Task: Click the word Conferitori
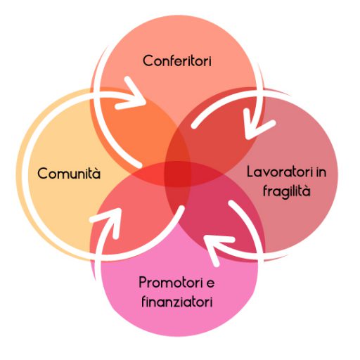click(177, 60)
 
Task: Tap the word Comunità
click(69, 173)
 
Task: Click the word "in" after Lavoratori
click(321, 172)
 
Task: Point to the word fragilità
click(287, 191)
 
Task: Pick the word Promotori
click(171, 282)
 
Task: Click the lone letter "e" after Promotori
click(210, 283)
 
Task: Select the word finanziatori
click(177, 301)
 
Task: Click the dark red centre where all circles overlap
click(178, 174)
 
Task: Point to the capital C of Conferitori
click(148, 61)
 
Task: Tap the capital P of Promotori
click(143, 282)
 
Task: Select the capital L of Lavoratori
click(251, 172)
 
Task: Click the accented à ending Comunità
click(96, 174)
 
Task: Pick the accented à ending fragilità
click(306, 191)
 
